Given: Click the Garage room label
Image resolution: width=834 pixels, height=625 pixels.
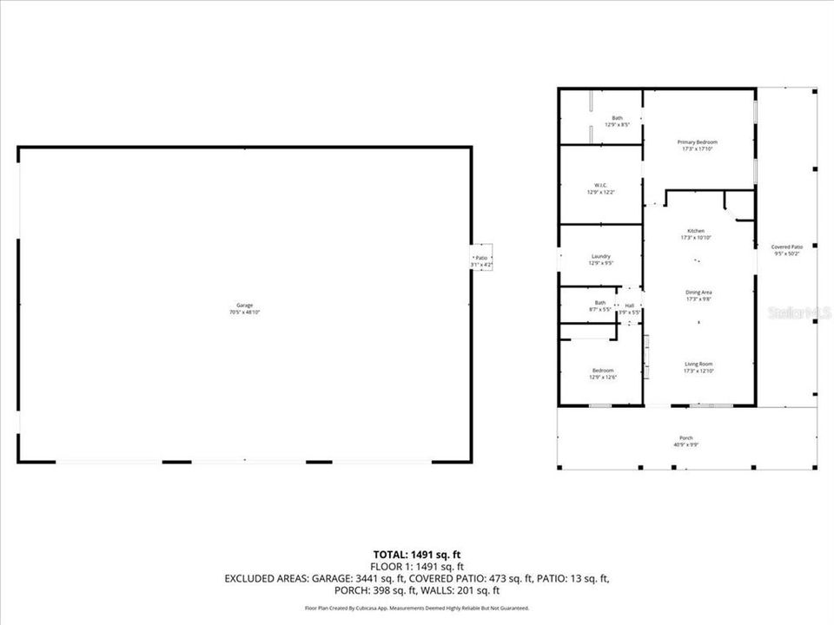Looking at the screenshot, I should (245, 305).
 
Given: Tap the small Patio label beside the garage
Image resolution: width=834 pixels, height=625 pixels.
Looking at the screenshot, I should (481, 258).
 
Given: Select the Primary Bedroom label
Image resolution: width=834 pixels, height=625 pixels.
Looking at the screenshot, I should (698, 141).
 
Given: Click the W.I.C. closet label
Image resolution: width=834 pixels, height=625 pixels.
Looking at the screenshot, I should (600, 185).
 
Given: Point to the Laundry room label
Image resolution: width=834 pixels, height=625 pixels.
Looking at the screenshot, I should (600, 256).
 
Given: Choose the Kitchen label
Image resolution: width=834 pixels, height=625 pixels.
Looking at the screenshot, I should (697, 231).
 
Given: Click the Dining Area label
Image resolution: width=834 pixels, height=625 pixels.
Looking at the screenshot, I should (698, 293).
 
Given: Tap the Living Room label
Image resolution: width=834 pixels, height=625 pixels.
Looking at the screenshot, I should (698, 364).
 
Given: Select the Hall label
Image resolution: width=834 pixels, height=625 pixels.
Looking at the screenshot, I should (629, 305).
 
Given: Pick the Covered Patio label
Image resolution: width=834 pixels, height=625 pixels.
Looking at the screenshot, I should (786, 247).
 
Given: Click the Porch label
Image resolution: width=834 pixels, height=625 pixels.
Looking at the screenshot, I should (686, 437).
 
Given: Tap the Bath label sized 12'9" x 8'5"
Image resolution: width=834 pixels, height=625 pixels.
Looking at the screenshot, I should (617, 118).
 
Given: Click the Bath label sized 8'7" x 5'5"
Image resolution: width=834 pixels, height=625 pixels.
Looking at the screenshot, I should (600, 302).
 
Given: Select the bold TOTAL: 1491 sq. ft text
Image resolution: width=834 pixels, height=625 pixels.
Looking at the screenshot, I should (416, 553).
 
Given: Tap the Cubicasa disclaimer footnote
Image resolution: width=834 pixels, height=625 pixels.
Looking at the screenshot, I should (416, 609).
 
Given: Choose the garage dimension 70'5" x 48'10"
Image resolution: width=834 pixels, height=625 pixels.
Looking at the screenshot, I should (245, 311).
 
